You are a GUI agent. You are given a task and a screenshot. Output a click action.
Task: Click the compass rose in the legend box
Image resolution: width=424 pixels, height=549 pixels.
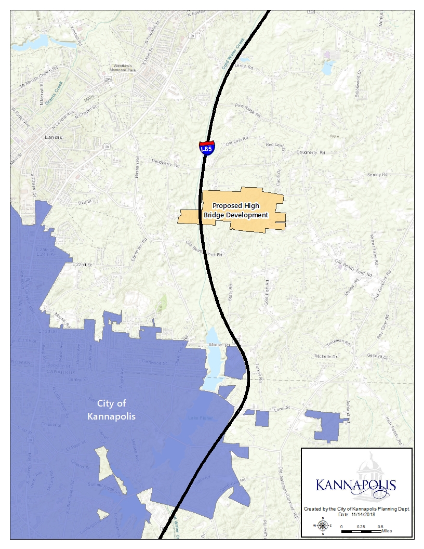point(323,525)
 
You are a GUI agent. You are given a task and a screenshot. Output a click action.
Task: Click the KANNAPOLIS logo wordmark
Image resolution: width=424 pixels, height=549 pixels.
point(356,486)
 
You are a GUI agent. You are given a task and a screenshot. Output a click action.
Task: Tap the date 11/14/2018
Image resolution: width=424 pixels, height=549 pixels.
point(365,514)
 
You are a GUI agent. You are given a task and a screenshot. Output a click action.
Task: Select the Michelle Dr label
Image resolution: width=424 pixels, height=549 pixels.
point(326,357)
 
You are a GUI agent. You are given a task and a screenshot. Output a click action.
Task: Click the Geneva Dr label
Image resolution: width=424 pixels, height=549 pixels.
point(377,357)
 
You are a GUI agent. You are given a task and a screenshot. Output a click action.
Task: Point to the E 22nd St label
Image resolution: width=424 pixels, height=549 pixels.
point(82,265)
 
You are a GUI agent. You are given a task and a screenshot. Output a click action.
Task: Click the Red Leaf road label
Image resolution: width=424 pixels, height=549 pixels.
point(276,145)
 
